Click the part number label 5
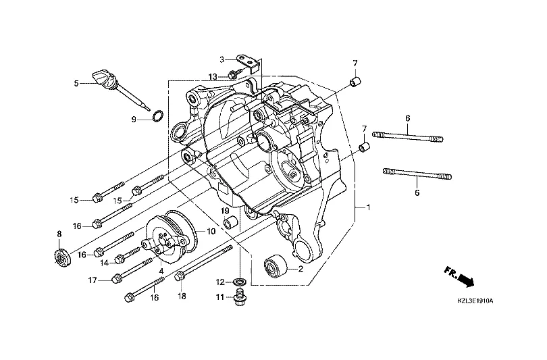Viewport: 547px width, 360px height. pos(77,84)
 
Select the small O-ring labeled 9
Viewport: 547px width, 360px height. pos(156,116)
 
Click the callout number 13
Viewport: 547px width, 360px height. pos(212,76)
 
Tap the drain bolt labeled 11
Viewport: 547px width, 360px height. pos(239,298)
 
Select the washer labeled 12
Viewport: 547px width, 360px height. pos(240,281)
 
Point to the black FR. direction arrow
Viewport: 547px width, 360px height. pos(461,276)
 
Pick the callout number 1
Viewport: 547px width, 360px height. pos(368,207)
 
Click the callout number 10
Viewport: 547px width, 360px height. pos(211,232)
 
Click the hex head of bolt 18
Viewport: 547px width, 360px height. pos(180,276)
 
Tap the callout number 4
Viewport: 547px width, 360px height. pos(161,271)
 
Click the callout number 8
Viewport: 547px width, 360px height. pos(59,234)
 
